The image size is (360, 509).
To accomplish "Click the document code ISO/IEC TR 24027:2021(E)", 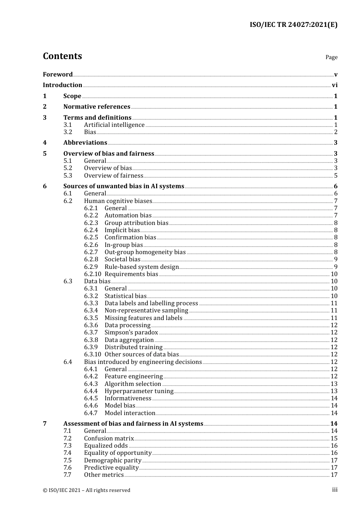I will pos(293,25).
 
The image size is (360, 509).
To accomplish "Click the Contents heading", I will pos(62,56).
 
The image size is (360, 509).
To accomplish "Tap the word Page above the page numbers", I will pos(331,57).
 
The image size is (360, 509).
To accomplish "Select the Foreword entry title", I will pos(58,74).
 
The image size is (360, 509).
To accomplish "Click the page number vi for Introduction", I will pos(335,85).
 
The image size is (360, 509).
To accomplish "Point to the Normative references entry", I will pos(97,107).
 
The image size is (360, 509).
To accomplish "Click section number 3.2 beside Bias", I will pos(68,132).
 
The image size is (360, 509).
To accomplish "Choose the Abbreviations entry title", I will pos(85,143).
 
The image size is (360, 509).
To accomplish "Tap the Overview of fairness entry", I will pos(113,176).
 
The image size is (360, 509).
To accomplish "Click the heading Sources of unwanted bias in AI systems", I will pos(124,186).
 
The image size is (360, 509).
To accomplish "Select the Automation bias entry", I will pos(128,215).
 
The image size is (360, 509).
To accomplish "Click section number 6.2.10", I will pos(92,274).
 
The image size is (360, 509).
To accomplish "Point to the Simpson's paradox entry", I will pos(131,333).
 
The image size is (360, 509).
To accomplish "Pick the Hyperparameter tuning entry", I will pos(139,391).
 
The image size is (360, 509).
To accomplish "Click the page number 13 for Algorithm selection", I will pos(334,384).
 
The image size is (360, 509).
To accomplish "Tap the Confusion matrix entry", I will pos(109,439).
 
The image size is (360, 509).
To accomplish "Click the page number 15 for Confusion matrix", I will pos(334,439).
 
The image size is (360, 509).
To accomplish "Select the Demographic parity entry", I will pos(113,461).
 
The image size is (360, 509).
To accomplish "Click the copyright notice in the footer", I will pos(86,490).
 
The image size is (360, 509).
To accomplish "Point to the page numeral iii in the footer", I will pos(335,490).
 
